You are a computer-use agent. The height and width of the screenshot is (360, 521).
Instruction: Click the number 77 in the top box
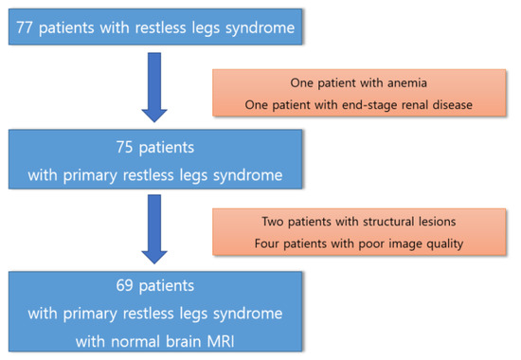coord(25,27)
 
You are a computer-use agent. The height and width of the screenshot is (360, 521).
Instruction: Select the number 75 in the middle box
coord(124,147)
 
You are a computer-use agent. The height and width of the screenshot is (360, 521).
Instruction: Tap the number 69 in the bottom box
coord(124,285)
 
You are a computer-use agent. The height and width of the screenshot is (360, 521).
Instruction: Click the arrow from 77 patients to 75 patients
coord(154,87)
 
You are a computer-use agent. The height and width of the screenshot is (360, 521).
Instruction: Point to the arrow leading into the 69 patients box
coord(154,229)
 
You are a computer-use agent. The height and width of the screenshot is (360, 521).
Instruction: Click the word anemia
coord(407,82)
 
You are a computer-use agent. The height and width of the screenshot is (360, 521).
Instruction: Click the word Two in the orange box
coord(273,222)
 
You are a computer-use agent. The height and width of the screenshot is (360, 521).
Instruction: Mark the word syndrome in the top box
coord(260,27)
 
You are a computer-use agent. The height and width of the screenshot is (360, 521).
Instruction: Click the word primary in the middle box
coord(90,175)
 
